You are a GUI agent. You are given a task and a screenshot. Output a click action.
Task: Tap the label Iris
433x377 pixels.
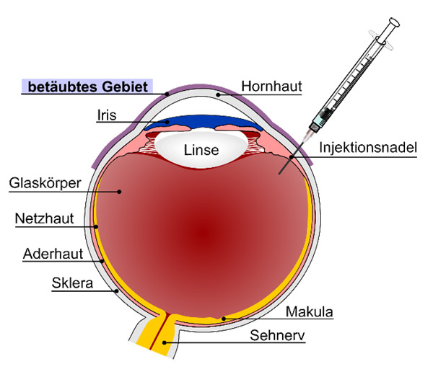pos(108,115)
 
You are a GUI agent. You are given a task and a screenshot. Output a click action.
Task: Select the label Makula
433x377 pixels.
pos(310,312)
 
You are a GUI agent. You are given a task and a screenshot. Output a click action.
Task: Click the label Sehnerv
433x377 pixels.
pos(274,335)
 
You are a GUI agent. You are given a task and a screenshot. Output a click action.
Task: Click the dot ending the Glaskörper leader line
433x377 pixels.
pos(120,192)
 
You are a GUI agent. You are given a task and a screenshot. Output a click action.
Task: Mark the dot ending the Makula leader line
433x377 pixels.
pos(223,318)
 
